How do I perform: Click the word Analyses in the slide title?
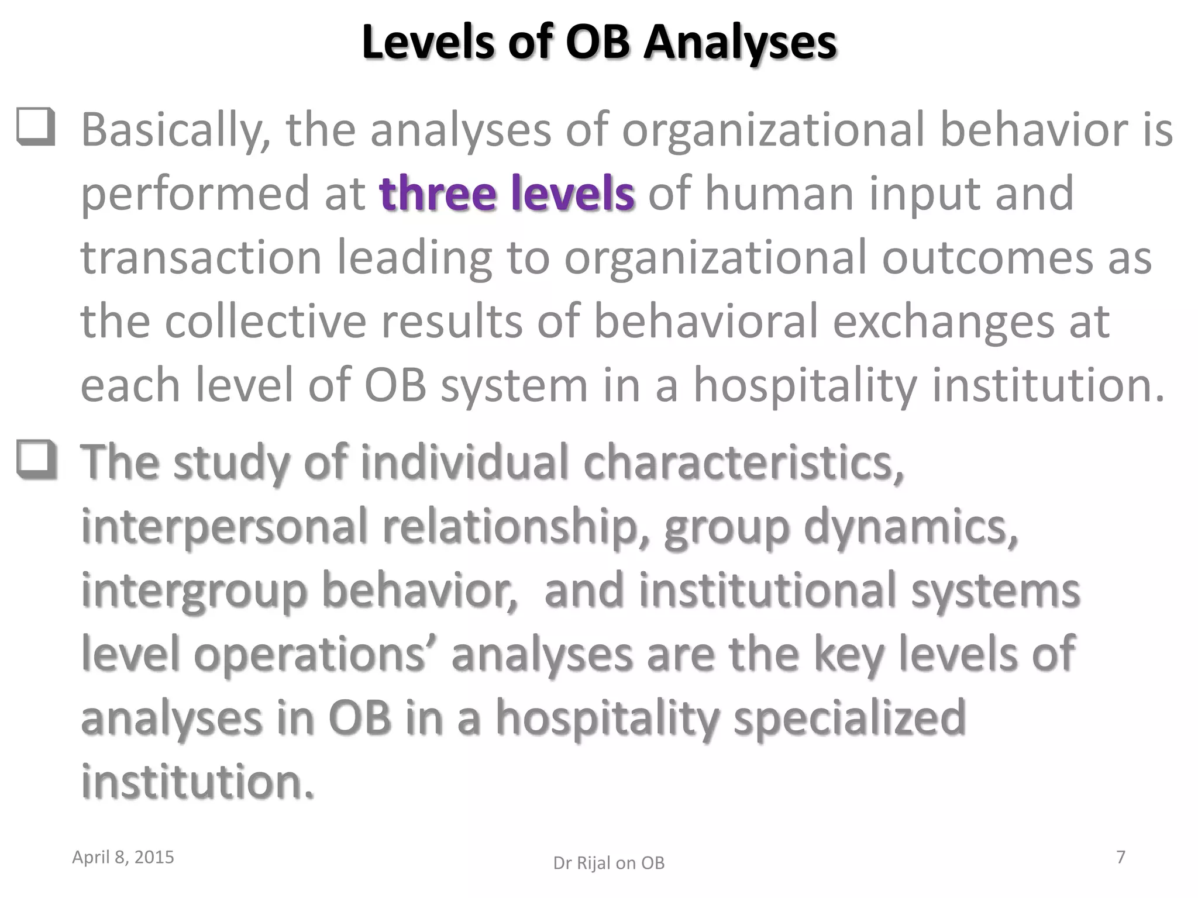[740, 42]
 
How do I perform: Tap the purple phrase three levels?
[507, 193]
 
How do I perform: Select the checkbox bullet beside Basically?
[36, 126]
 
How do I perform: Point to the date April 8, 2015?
[123, 857]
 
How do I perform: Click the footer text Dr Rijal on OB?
[609, 863]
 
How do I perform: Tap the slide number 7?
[1121, 857]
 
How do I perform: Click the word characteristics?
[743, 462]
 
